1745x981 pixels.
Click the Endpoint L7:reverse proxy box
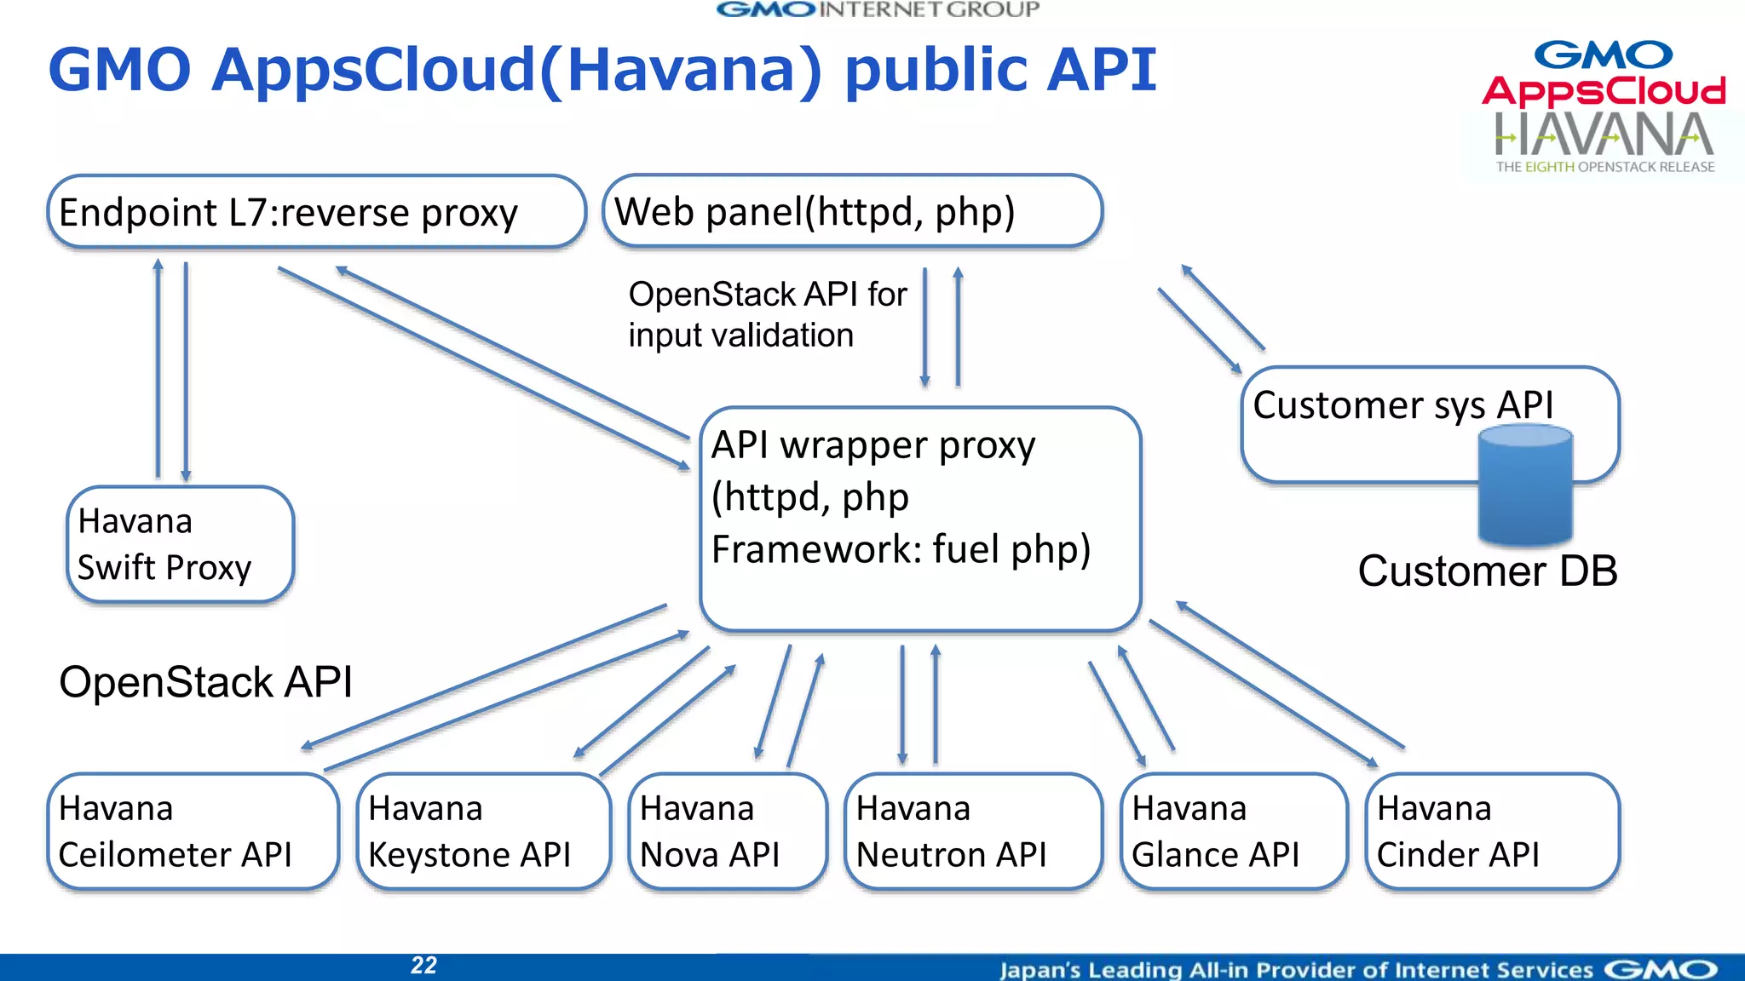point(316,212)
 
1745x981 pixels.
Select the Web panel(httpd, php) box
point(852,211)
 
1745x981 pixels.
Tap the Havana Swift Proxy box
point(180,544)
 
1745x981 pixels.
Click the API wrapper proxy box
point(919,519)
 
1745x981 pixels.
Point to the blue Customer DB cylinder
point(1525,487)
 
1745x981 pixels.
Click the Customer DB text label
point(1487,571)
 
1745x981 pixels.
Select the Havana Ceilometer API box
point(193,831)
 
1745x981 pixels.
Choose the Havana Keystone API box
point(483,831)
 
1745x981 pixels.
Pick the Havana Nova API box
point(727,831)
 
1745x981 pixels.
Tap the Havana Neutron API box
point(972,831)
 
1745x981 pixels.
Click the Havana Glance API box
point(1234,831)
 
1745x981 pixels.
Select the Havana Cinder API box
point(1492,831)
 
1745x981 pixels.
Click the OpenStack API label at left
point(205,682)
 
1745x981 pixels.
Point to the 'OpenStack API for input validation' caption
point(767,314)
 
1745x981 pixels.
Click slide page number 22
point(423,965)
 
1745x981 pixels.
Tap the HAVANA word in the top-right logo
point(1604,135)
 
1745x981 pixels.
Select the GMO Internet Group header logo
point(878,9)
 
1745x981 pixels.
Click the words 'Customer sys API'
point(1402,405)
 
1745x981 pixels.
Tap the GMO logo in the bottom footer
point(1661,969)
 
